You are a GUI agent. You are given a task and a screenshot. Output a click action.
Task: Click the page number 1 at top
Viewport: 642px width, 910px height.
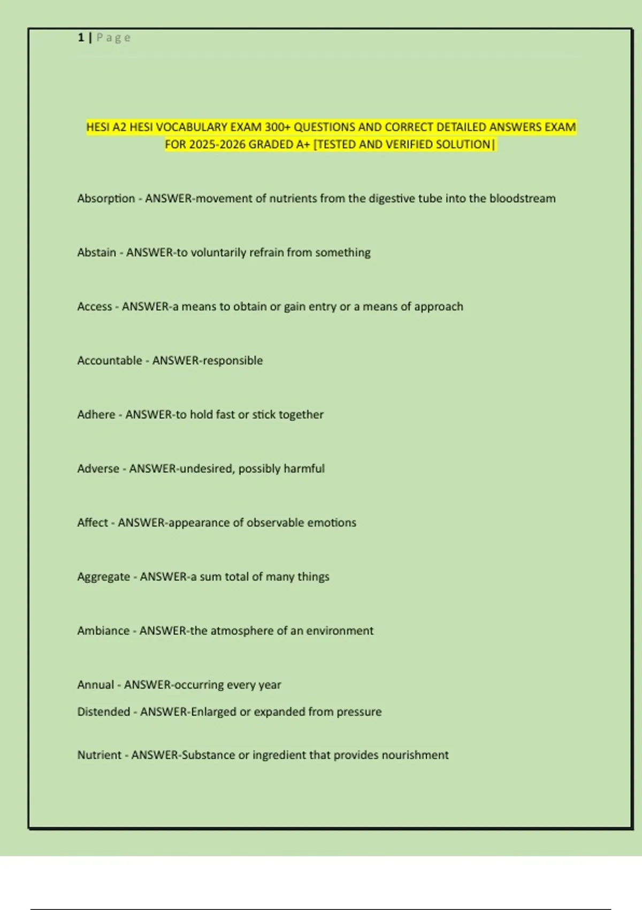(81, 37)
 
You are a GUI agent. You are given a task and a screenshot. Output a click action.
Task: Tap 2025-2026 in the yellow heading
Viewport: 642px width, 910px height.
(218, 145)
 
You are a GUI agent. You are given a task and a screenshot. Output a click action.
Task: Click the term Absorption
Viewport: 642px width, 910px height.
(106, 199)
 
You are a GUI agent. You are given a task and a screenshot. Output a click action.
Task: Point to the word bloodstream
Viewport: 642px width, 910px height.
(522, 199)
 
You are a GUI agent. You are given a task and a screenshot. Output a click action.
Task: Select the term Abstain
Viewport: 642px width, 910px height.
(96, 253)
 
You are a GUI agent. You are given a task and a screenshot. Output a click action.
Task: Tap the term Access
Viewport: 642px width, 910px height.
(94, 307)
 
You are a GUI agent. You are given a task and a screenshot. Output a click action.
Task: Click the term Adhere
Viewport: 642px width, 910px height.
(96, 415)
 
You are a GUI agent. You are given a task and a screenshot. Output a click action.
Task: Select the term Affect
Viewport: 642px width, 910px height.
(92, 523)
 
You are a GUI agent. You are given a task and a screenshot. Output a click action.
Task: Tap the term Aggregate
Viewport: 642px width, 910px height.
(103, 577)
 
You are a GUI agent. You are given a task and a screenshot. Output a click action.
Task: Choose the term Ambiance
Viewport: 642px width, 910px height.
(103, 631)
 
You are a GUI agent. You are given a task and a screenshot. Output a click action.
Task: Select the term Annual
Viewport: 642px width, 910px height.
(95, 685)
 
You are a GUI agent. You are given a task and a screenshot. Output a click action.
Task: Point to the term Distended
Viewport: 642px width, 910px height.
(103, 712)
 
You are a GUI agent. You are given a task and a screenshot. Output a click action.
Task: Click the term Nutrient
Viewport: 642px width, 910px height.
(99, 755)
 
